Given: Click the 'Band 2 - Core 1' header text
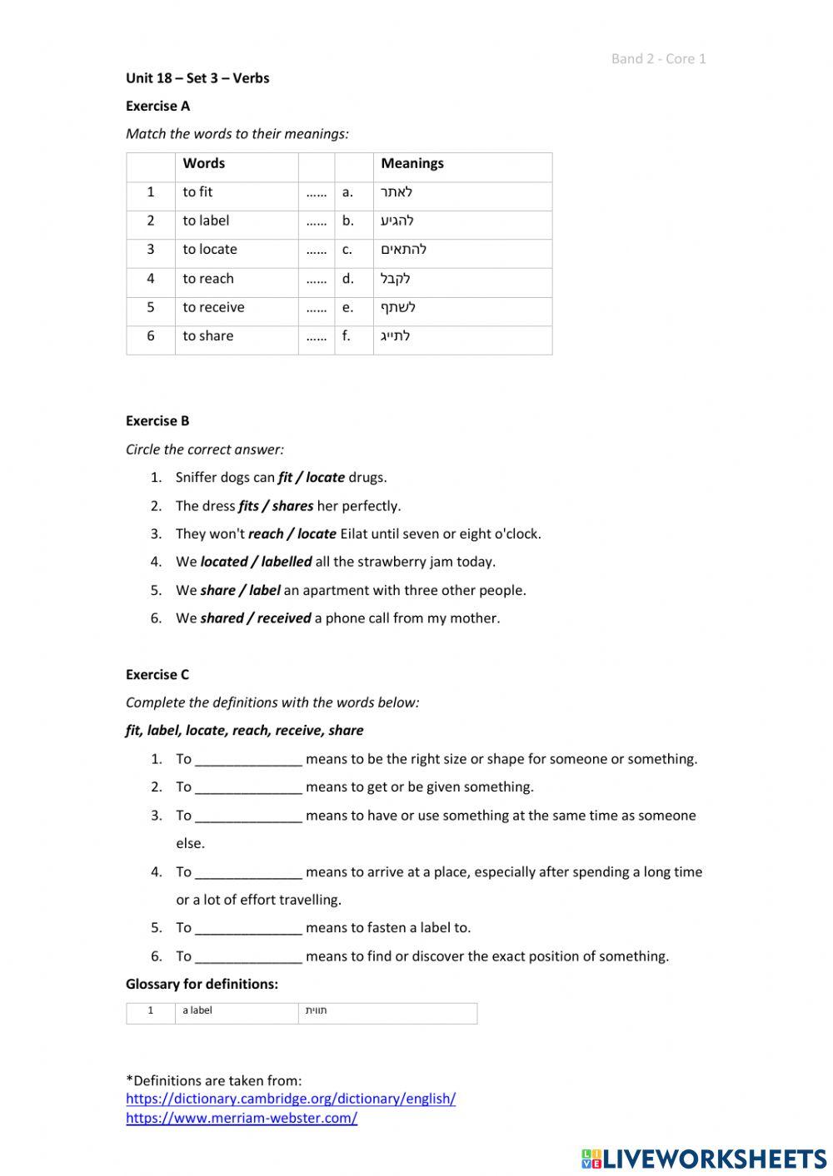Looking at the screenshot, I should click(x=658, y=58).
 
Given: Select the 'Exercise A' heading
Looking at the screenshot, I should click(x=157, y=106).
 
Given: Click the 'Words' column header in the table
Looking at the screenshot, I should click(x=204, y=163).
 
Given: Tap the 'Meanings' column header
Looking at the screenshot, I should click(x=412, y=163).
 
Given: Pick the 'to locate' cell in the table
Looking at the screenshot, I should click(x=210, y=250).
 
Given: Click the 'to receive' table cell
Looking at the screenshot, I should click(x=213, y=307).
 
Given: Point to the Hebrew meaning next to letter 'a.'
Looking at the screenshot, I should click(x=397, y=192).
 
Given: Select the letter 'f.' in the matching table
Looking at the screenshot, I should click(x=347, y=336).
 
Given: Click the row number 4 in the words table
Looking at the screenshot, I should click(x=151, y=279).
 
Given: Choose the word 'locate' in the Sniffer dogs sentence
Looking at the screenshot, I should click(x=325, y=478).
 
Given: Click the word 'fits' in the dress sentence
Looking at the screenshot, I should click(x=248, y=506).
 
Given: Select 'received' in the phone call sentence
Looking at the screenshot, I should click(x=284, y=618).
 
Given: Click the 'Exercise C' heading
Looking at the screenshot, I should click(x=157, y=675).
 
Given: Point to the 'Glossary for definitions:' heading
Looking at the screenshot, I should click(x=202, y=984).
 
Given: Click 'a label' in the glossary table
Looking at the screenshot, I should click(x=197, y=1010).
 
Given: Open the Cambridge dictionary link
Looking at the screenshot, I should click(x=291, y=1099).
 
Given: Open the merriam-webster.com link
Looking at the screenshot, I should click(x=242, y=1118).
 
